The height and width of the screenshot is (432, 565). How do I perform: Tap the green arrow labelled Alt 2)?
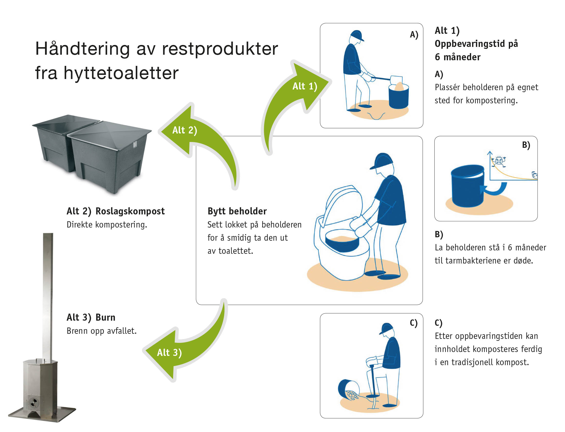pos(196,134)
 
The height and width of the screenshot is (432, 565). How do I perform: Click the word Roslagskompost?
pos(130,211)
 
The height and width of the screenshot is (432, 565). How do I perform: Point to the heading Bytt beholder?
pos(237,211)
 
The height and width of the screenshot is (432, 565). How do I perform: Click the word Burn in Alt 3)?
pos(105,317)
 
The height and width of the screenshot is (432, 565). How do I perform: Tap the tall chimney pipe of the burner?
pos(48,296)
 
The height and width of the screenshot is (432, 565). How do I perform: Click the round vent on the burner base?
pos(34,402)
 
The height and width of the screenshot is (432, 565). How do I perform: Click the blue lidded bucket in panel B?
pos(467,186)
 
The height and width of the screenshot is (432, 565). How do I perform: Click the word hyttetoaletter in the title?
pos(121,73)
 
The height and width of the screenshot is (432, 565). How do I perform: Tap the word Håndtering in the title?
pos(82,49)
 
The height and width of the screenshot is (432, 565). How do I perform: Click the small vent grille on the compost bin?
pos(135,145)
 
